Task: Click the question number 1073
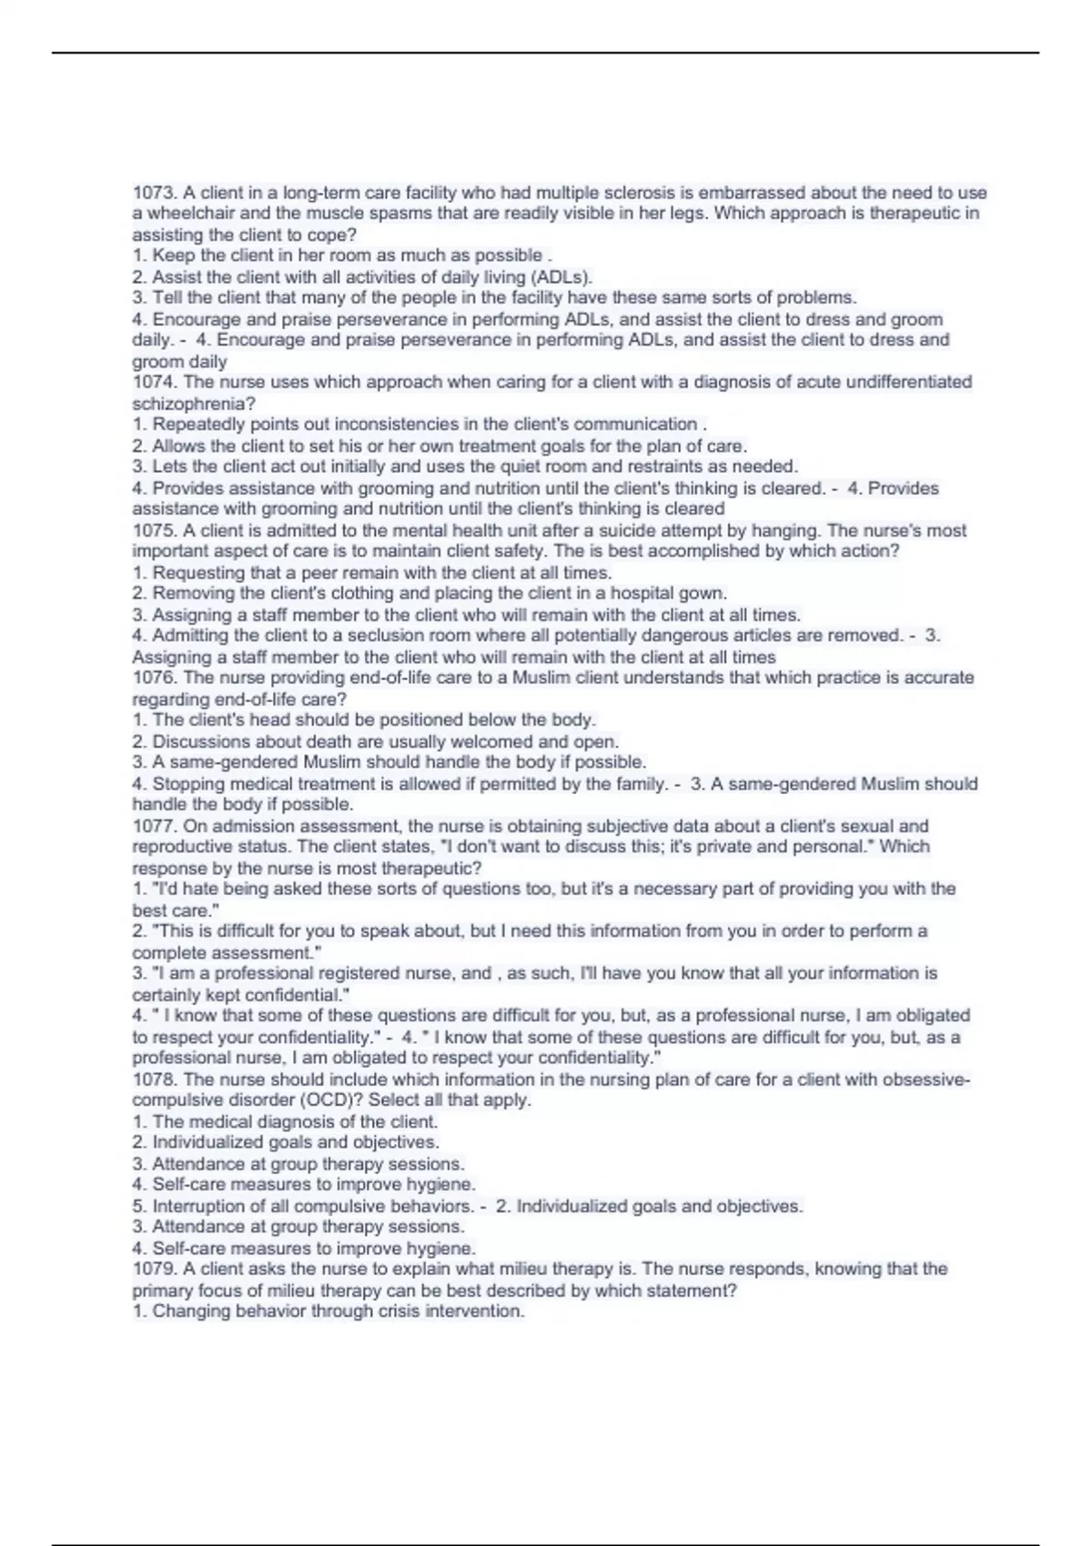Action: [154, 193]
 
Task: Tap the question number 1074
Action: [154, 382]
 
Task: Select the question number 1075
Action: [154, 530]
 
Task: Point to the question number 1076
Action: [154, 678]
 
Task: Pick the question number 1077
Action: [154, 826]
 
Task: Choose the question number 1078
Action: [154, 1079]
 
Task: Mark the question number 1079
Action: [154, 1269]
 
